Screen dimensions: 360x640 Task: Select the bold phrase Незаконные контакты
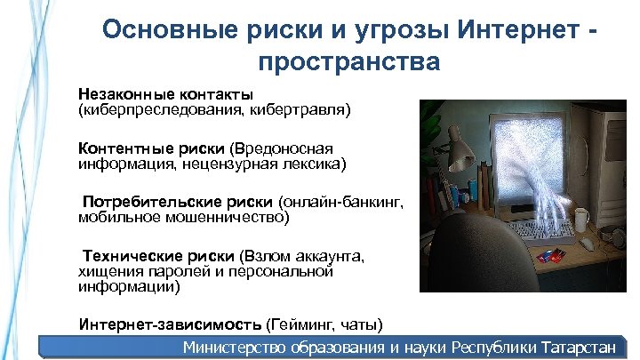point(166,94)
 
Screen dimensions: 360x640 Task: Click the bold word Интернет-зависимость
point(170,323)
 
